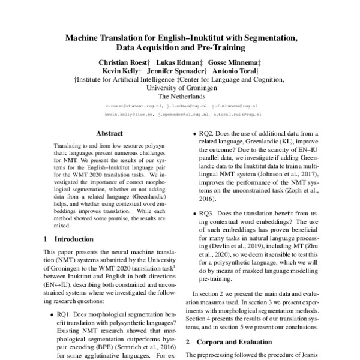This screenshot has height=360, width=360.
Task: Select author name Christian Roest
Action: point(122,62)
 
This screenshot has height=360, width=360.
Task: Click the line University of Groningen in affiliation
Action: point(181,87)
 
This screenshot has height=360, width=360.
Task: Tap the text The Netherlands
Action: point(181,95)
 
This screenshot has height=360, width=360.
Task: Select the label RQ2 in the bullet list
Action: point(207,134)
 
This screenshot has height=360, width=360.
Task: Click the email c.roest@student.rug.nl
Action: point(130,104)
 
